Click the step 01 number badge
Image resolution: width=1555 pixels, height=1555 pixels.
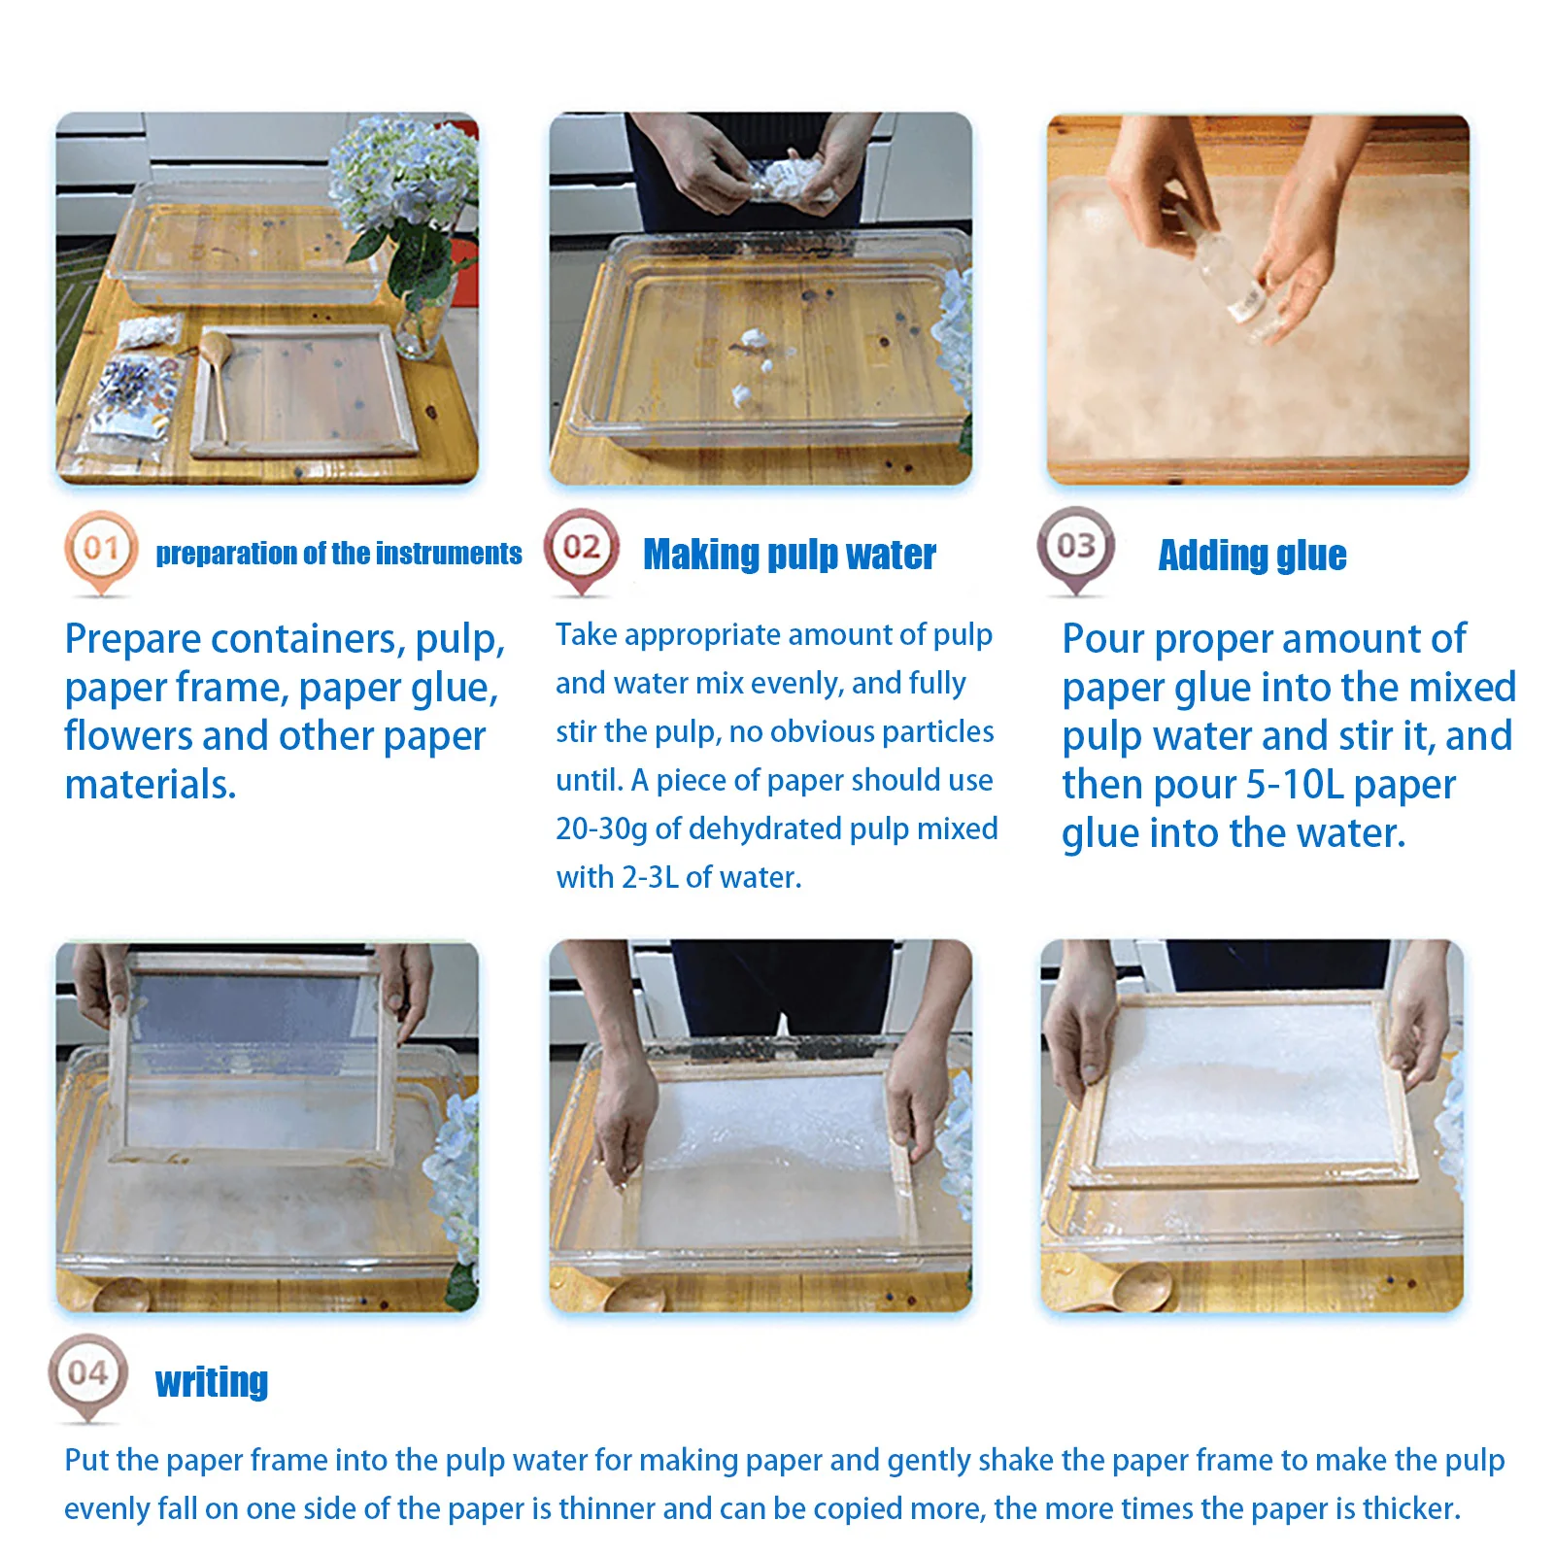click(x=101, y=551)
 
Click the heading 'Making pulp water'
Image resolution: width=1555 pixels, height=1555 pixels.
click(x=790, y=555)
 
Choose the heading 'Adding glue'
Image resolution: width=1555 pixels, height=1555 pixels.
click(x=1252, y=555)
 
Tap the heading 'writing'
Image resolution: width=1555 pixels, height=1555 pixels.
click(x=212, y=1381)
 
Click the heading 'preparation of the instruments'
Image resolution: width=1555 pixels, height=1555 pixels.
click(x=339, y=554)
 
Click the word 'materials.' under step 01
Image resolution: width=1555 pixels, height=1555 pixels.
click(x=151, y=785)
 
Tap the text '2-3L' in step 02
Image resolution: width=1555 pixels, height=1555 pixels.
click(x=650, y=877)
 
